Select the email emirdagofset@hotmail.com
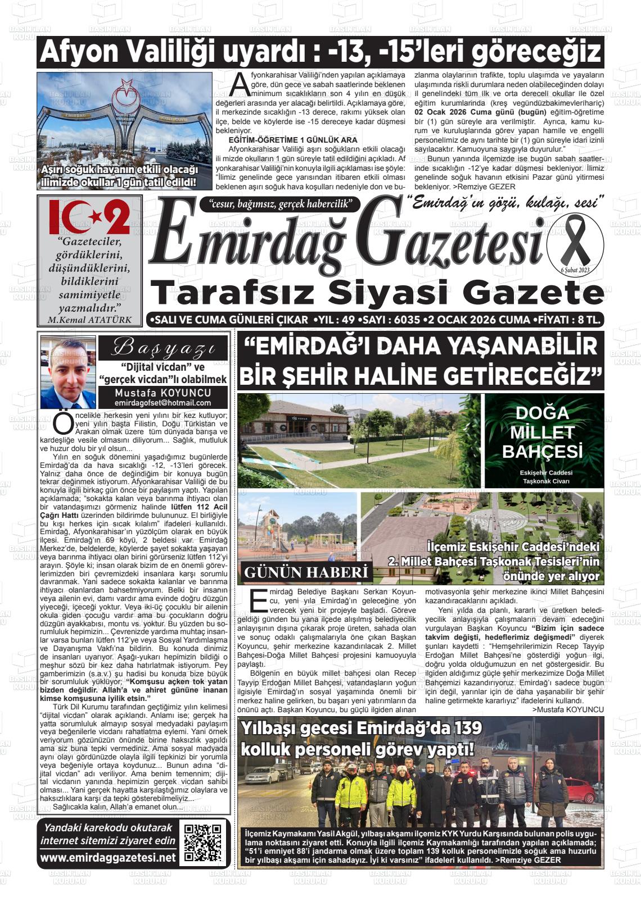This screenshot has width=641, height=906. click(x=163, y=403)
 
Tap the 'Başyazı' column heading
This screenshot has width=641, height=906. click(x=163, y=348)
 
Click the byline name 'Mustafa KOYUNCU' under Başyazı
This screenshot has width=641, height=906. click(x=163, y=393)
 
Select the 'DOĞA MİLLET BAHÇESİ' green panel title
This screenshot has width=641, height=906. click(x=543, y=432)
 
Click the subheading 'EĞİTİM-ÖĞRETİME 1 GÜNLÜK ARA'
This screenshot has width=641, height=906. click(x=293, y=140)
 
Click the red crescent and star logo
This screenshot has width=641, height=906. click(x=90, y=217)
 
